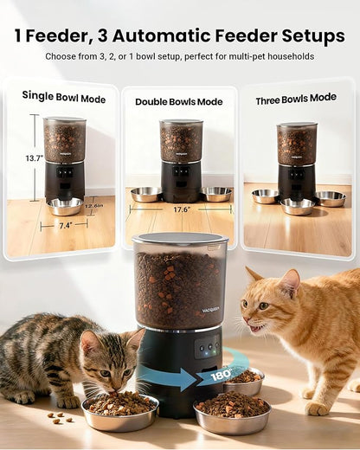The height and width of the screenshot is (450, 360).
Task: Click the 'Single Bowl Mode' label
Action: click(63, 98)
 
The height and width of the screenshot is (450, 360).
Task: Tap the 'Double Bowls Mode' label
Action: click(178, 101)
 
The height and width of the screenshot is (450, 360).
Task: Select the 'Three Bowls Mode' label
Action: click(295, 99)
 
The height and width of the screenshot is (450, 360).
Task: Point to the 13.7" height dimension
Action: click(34, 158)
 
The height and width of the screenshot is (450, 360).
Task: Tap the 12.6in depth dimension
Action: click(94, 205)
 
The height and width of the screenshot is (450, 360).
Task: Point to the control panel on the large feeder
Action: click(205, 348)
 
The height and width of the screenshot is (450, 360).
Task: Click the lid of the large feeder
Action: click(180, 240)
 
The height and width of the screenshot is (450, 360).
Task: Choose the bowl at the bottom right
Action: click(233, 414)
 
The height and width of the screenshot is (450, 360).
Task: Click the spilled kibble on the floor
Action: click(57, 418)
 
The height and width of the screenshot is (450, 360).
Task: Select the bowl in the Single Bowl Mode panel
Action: click(66, 206)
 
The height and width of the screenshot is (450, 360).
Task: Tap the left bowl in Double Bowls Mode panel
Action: click(145, 194)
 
